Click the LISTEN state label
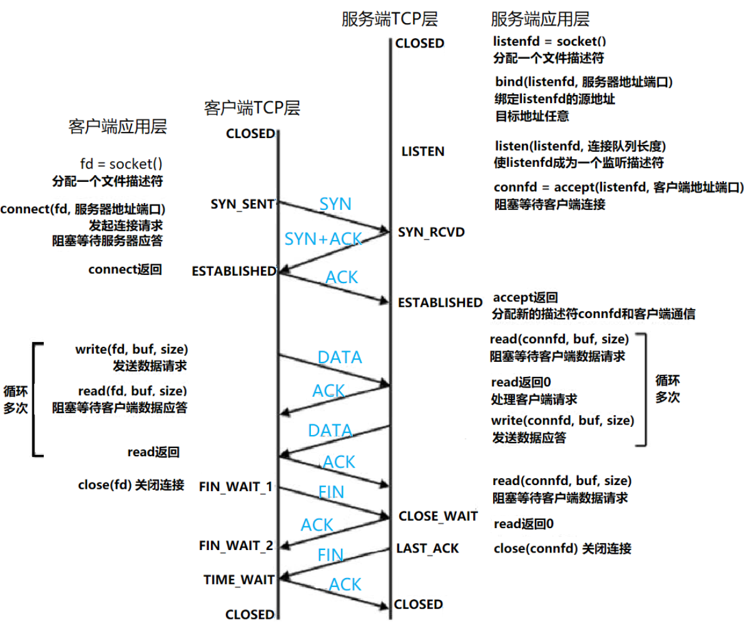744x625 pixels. (x=422, y=151)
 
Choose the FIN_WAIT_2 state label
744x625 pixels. (x=236, y=546)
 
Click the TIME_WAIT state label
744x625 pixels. (x=239, y=580)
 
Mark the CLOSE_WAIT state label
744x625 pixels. (x=438, y=516)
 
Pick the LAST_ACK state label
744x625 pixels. (x=427, y=548)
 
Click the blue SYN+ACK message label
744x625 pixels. (x=322, y=239)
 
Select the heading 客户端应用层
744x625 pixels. (x=118, y=127)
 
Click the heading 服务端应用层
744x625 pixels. (x=541, y=19)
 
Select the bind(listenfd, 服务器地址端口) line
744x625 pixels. (x=588, y=82)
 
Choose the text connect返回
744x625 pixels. (x=125, y=270)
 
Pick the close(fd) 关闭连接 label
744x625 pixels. (x=131, y=484)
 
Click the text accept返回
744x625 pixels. (x=526, y=297)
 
